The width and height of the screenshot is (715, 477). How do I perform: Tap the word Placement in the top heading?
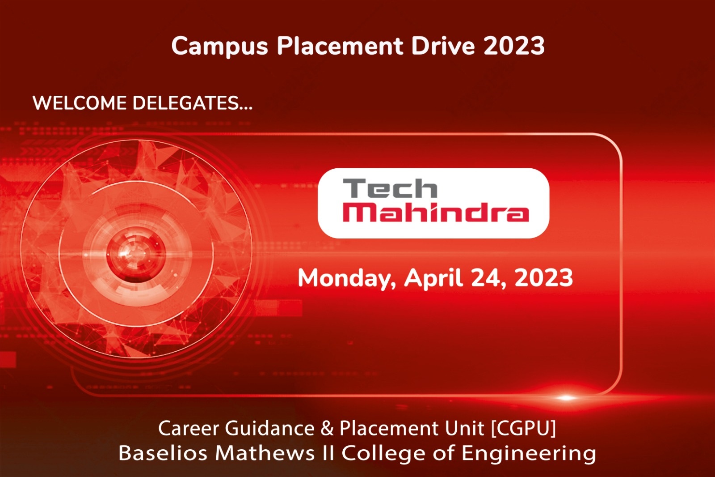coord(340,45)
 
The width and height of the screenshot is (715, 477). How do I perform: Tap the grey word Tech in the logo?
coord(390,188)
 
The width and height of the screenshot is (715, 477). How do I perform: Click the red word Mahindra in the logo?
coord(436,212)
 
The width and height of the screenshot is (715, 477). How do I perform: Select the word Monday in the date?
coord(347,278)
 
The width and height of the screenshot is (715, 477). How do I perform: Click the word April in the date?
coord(433,278)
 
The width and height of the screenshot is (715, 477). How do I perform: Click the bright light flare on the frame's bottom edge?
coord(566,398)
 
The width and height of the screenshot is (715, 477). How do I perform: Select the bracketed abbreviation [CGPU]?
coord(523,428)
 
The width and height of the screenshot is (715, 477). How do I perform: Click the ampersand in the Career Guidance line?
coord(327,428)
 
